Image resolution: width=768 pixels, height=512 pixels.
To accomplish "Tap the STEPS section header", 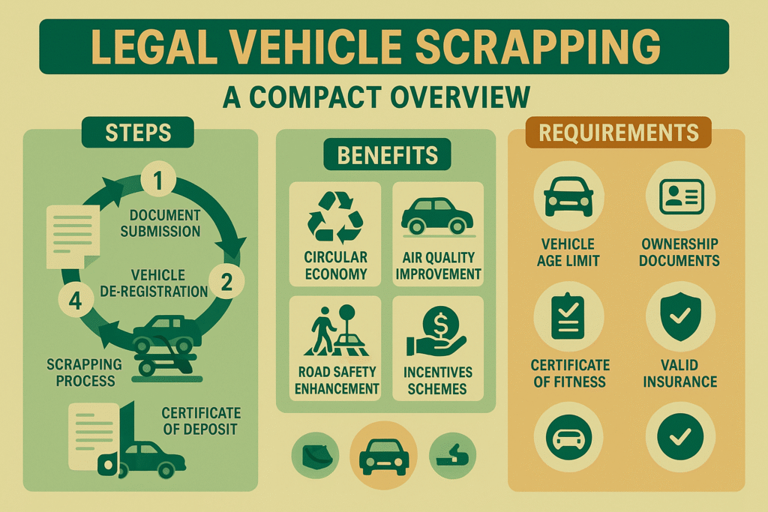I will [x=139, y=133].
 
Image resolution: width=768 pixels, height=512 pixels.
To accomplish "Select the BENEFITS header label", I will [x=387, y=156].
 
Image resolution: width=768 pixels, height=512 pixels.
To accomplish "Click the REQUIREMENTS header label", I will [x=619, y=133].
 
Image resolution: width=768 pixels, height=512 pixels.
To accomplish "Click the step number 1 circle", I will [x=159, y=181].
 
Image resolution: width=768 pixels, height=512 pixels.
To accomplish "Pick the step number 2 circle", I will [x=226, y=281].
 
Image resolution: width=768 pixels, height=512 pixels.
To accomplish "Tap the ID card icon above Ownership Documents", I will [x=681, y=196].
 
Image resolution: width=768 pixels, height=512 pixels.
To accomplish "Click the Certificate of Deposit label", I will [x=201, y=421].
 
